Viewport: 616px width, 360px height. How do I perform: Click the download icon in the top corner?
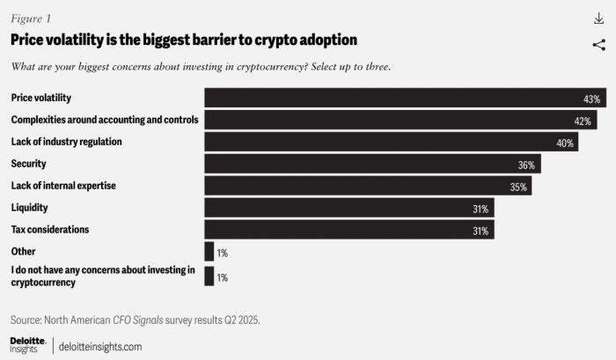598,18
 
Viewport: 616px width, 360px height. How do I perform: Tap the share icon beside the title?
598,45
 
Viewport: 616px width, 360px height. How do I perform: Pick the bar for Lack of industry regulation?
391,142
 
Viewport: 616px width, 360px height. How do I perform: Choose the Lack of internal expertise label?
63,186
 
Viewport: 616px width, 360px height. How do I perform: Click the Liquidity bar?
348,208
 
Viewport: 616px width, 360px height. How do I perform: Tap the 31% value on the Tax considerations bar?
481,231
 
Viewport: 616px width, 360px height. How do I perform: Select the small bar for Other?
209,253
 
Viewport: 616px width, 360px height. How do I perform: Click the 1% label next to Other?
222,253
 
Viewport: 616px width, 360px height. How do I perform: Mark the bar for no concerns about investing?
209,276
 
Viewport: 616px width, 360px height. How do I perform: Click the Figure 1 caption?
30,18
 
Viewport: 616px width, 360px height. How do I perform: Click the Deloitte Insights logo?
28,344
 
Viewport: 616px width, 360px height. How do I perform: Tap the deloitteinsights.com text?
100,346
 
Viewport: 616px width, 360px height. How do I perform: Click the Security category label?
28,164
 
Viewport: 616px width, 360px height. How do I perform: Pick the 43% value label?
590,99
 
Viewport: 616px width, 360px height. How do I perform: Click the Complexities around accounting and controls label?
105,120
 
